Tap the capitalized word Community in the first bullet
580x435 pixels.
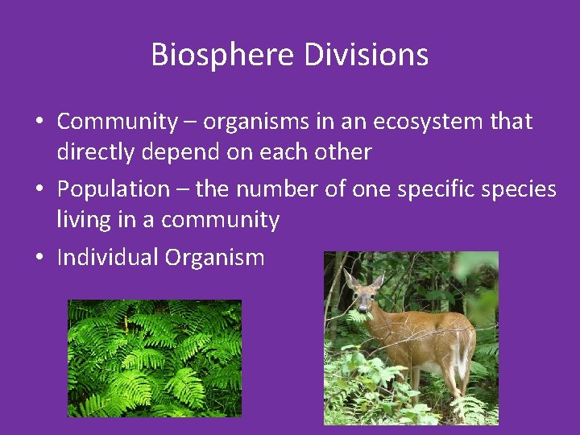[117, 122]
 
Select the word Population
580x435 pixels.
[113, 189]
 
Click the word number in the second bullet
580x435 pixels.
[284, 189]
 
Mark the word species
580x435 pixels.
[525, 189]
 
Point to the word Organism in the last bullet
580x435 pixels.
[214, 258]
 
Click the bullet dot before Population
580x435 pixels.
[39, 190]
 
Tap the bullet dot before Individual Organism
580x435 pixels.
[39, 259]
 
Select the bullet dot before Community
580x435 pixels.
[39, 122]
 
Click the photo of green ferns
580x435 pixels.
[154, 358]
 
